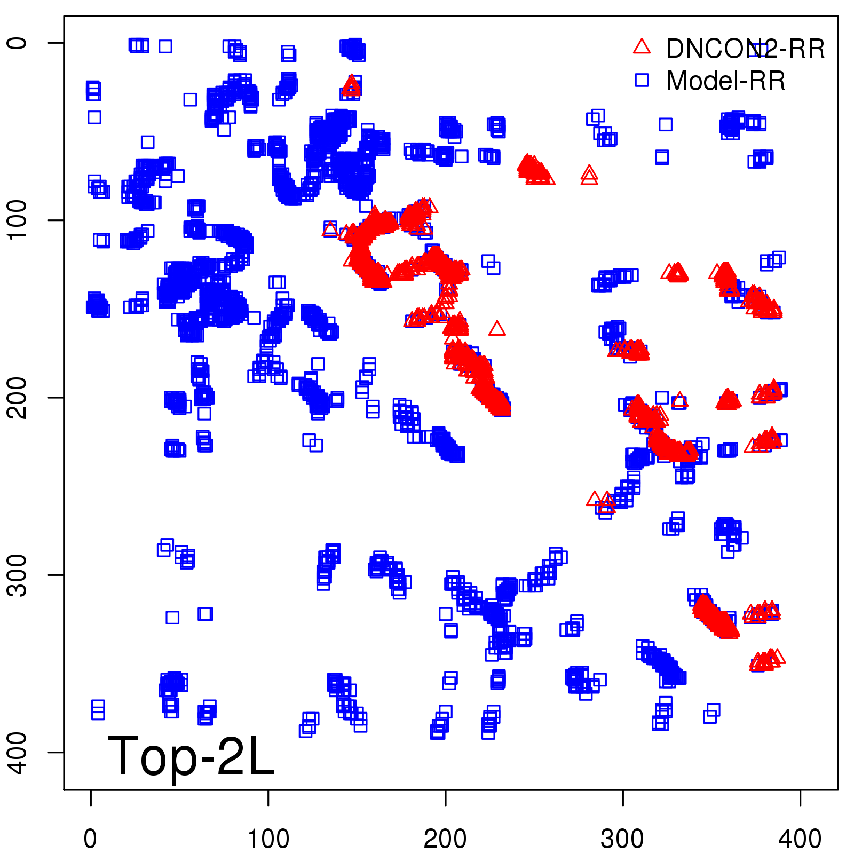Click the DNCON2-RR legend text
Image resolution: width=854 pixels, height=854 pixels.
(x=745, y=49)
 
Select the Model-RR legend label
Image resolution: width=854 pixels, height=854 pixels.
(x=726, y=81)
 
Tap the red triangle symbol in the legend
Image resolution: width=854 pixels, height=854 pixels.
(x=642, y=47)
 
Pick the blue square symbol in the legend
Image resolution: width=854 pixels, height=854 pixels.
(x=642, y=80)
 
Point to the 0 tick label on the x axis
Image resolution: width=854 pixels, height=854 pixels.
(x=91, y=839)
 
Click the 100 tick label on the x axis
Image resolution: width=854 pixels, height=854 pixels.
(x=268, y=839)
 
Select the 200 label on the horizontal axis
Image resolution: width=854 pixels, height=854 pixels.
(x=445, y=839)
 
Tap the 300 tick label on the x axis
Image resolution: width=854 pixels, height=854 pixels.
(x=622, y=839)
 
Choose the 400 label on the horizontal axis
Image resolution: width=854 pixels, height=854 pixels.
(x=800, y=839)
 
